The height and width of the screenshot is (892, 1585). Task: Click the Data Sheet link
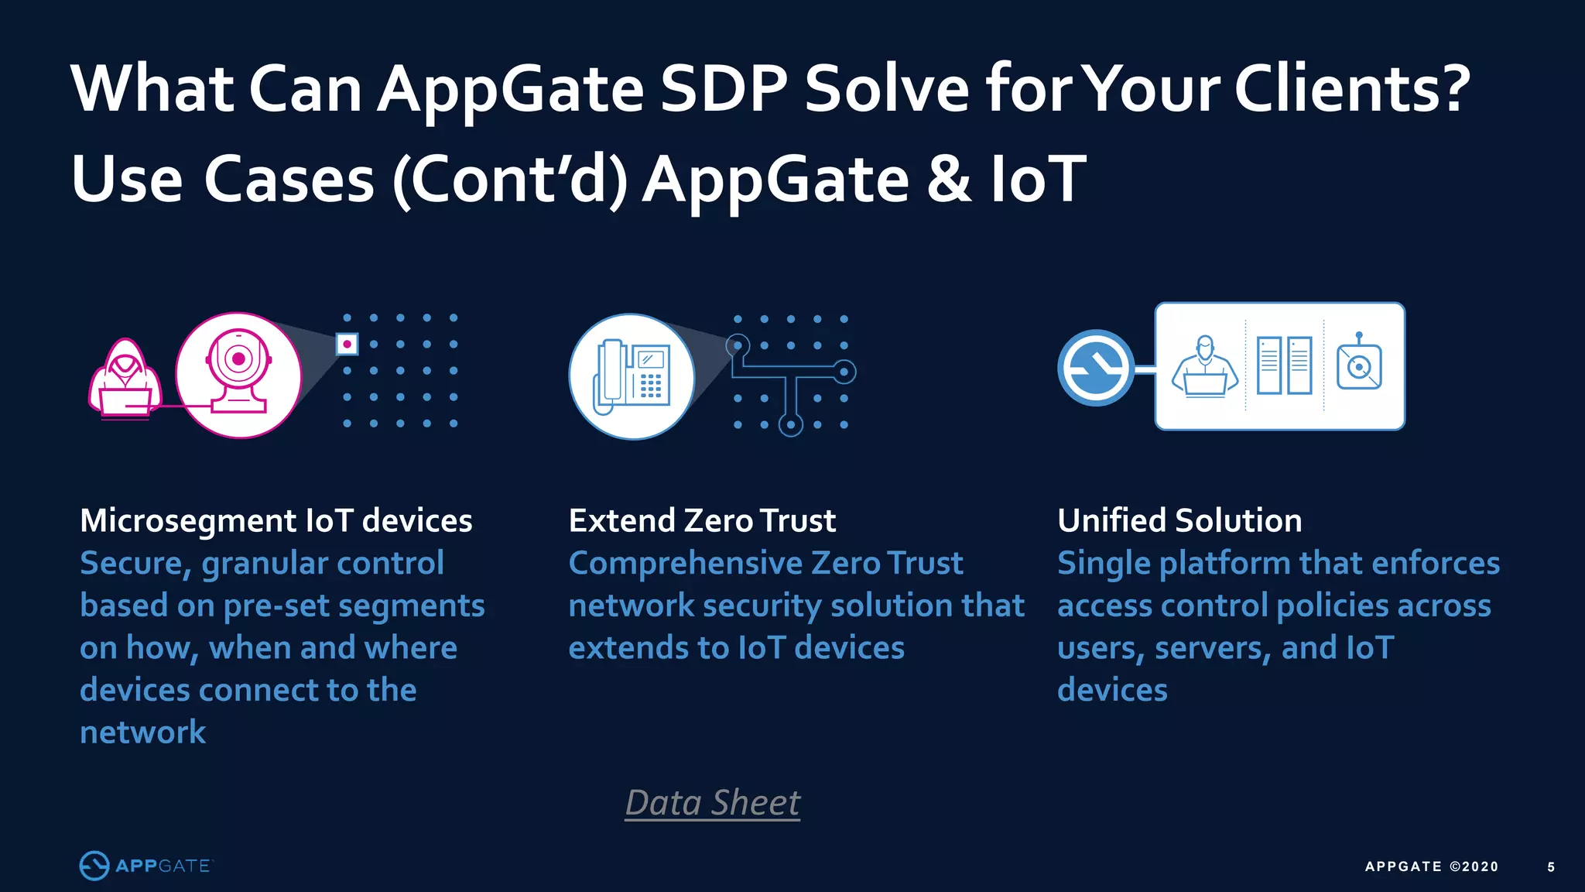712,803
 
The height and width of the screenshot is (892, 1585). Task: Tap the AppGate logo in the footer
145,866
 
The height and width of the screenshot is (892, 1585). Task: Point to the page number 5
1551,867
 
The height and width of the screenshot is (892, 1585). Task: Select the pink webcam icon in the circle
238,376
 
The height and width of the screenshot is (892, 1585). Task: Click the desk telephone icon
632,376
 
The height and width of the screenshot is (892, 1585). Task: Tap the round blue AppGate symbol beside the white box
1095,368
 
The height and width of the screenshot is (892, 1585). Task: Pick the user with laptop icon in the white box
1204,367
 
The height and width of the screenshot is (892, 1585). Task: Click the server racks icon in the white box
1284,365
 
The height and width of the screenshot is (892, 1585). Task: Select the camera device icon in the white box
1359,365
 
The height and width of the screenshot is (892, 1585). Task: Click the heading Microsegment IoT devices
276,520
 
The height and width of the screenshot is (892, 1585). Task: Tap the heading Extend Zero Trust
702,520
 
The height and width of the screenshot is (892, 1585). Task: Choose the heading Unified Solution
1179,520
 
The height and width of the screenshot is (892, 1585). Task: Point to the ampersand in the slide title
948,179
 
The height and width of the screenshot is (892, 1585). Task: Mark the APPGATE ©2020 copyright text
1432,867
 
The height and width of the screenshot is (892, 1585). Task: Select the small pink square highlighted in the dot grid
347,344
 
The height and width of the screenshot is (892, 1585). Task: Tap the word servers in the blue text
1212,648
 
